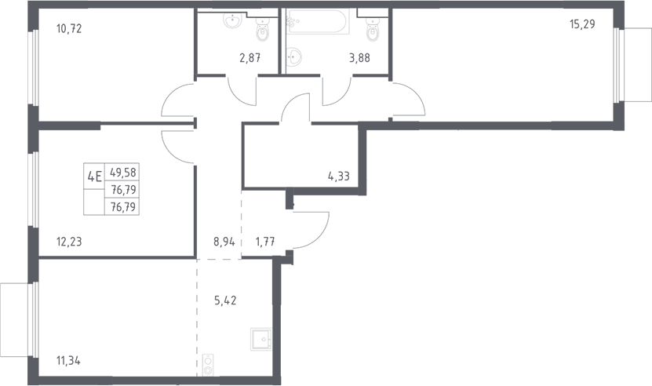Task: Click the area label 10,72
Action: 69,29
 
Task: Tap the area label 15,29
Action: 582,24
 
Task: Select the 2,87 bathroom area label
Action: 250,58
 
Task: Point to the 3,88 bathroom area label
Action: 359,58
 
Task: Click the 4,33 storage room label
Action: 339,177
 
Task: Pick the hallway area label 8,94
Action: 224,242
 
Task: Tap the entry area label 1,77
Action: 265,242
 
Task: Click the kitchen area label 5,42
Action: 225,300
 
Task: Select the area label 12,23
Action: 69,242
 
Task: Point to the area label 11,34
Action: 68,361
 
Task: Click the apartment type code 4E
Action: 94,177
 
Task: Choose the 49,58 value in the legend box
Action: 123,172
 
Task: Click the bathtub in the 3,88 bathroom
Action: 318,22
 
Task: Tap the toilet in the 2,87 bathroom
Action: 262,31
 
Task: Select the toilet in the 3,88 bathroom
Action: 373,30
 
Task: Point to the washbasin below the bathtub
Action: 294,56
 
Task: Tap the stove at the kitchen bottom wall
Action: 208,365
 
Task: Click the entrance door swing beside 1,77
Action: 311,231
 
